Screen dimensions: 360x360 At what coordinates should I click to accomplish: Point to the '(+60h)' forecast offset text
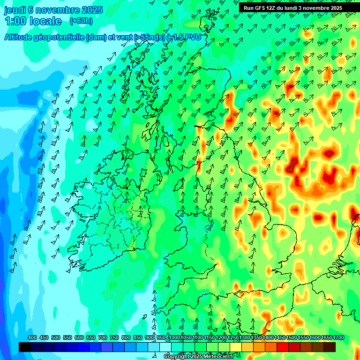(x=81, y=21)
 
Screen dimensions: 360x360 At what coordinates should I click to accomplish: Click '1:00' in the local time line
(x=15, y=22)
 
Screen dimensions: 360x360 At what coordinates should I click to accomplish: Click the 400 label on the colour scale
(x=32, y=338)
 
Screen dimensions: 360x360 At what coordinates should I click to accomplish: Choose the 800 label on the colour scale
(x=126, y=338)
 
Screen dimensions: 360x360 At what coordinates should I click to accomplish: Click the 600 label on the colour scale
(x=79, y=338)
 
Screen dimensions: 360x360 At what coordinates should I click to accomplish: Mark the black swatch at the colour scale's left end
(x=25, y=347)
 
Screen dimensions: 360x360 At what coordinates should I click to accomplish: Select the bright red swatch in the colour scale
(x=283, y=347)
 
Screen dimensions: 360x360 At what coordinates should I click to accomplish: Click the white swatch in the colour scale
(x=165, y=347)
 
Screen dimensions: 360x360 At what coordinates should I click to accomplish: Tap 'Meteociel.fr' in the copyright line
(x=218, y=357)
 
